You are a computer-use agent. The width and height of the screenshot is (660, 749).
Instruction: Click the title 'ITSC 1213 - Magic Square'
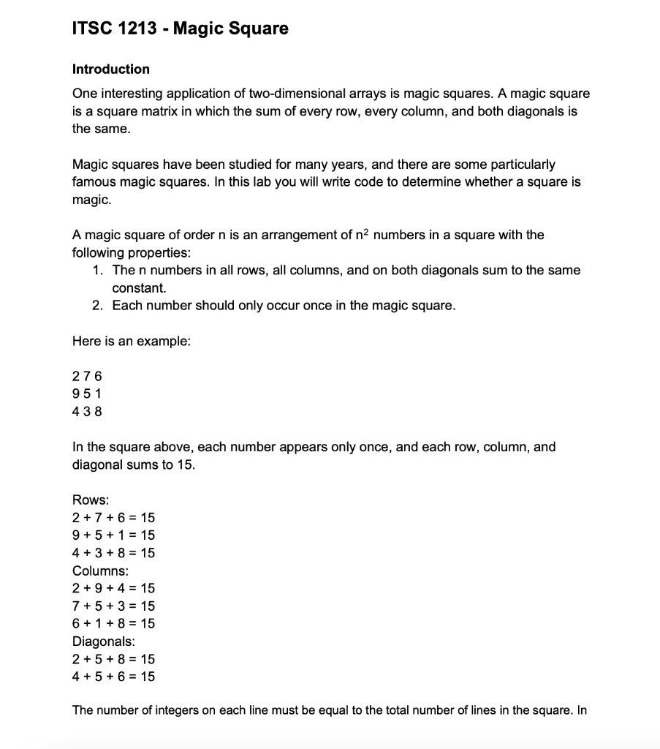coord(181,29)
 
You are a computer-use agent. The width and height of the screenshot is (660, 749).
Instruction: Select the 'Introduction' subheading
coord(111,69)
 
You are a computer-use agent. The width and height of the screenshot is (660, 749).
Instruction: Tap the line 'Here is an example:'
coord(131,342)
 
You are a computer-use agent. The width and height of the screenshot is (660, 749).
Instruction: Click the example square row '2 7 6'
coord(87,377)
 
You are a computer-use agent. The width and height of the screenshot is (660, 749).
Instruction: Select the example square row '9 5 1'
coord(87,394)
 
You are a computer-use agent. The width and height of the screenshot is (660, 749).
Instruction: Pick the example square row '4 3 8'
coord(87,412)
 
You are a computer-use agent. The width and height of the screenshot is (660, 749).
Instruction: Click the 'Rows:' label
coord(91,500)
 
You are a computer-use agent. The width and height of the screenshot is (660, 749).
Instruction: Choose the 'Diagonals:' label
coord(103,641)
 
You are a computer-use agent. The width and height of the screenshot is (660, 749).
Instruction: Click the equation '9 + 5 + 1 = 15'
coord(113,535)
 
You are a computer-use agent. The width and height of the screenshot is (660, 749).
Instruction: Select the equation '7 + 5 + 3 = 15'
coord(113,606)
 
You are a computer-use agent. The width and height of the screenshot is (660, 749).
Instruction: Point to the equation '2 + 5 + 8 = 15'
coord(113,659)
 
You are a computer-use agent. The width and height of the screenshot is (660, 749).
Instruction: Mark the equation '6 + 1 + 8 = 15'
coord(113,624)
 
